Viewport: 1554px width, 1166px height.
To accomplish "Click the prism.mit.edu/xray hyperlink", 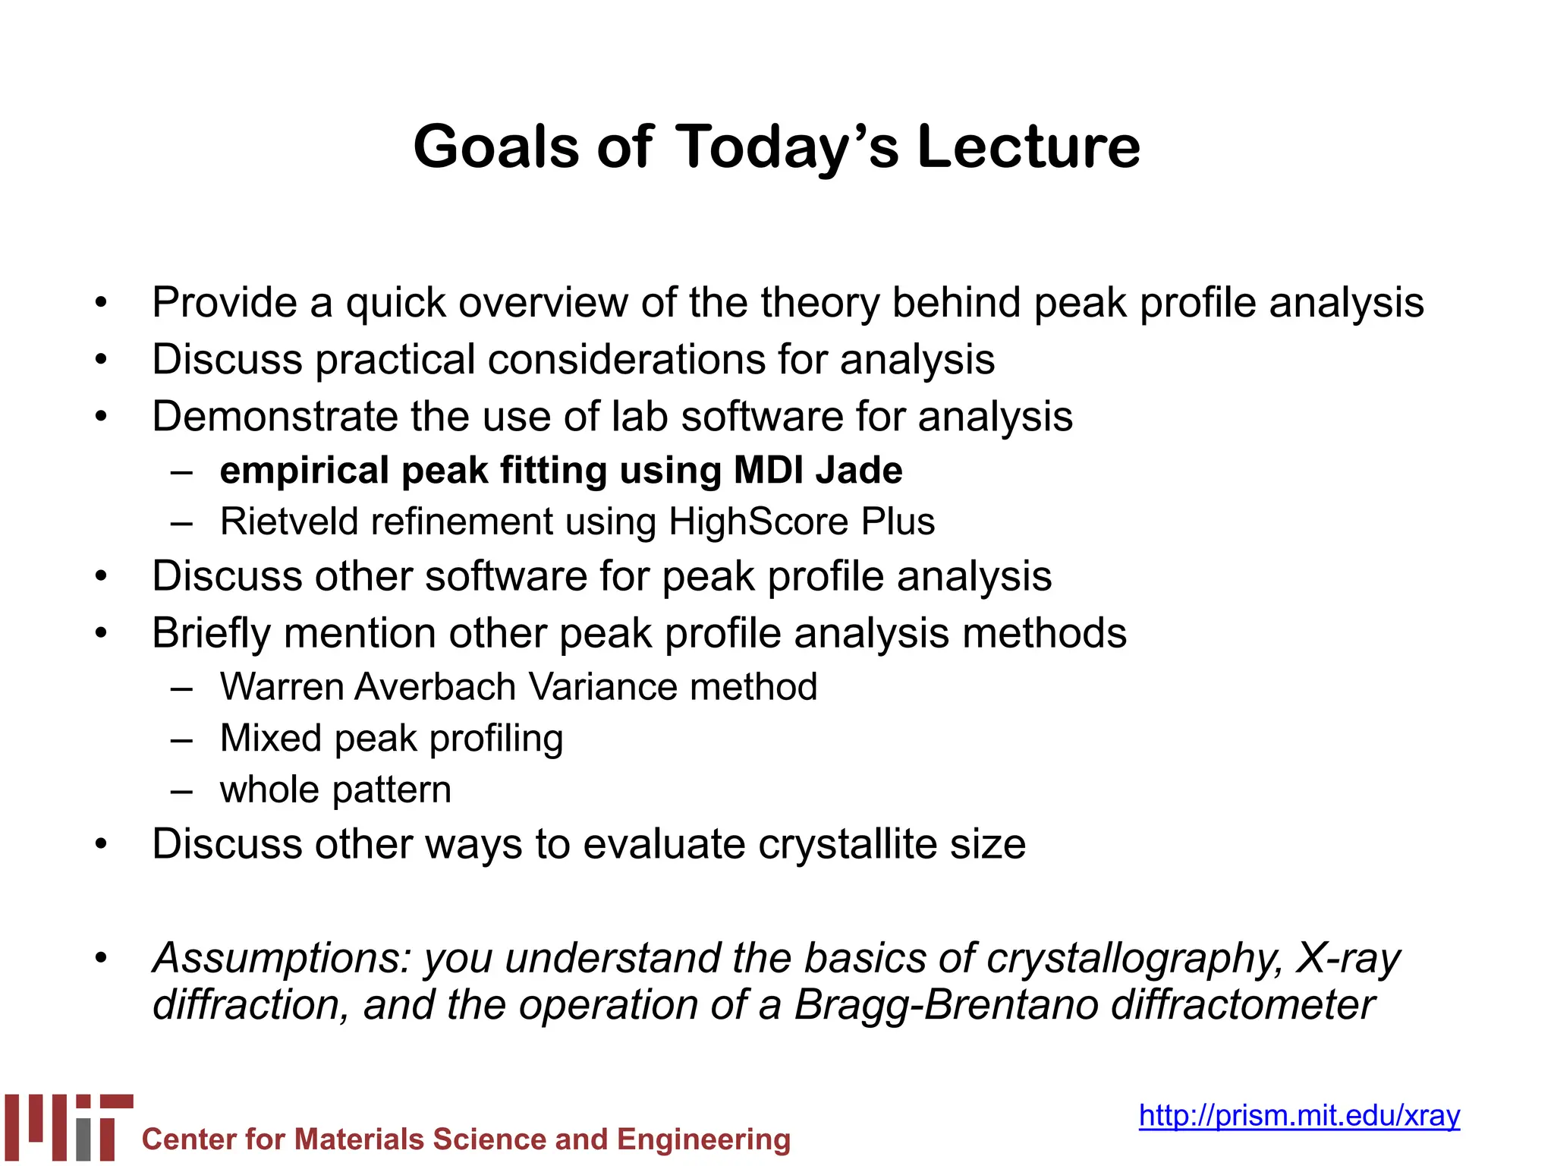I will (x=1299, y=1115).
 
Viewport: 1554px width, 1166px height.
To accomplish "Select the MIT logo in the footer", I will (x=68, y=1127).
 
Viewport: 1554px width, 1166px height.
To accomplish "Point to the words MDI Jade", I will (x=818, y=470).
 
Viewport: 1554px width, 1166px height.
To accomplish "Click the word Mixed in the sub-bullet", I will (x=270, y=738).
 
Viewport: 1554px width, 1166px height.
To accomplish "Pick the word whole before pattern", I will (x=269, y=789).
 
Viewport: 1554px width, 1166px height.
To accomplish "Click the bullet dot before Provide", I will (x=102, y=304).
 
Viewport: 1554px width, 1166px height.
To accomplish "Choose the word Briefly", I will (x=211, y=633).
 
